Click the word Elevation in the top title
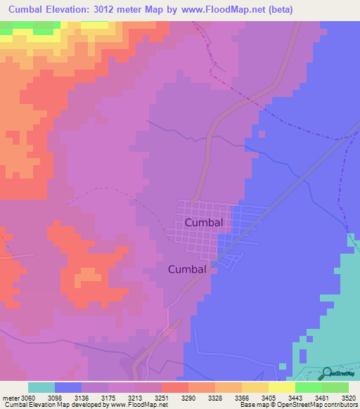tap(80, 9)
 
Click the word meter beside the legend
tap(10, 398)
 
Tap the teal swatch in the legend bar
tap(41, 387)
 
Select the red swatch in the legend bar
tap(175, 387)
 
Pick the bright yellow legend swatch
tap(281, 387)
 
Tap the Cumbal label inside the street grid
tap(204, 222)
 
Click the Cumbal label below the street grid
tap(187, 268)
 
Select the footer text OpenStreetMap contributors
tap(321, 405)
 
